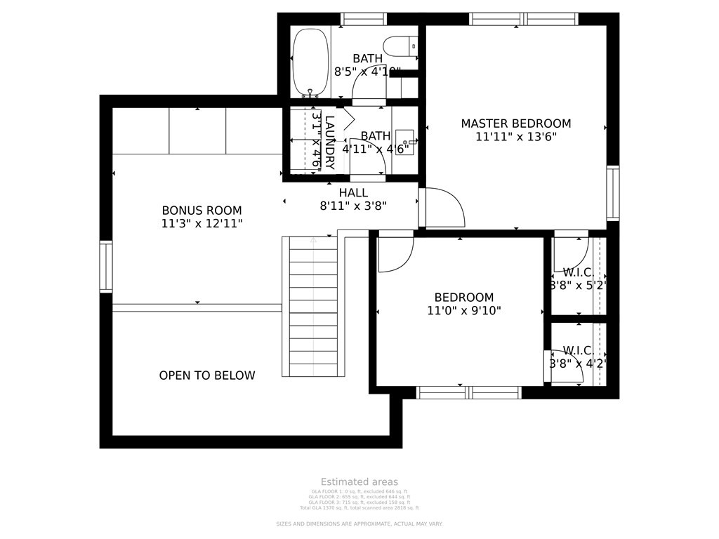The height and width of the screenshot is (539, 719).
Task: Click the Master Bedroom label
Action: (515, 124)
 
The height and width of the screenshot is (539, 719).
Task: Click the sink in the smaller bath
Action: (404, 142)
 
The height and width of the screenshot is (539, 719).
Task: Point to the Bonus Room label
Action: (202, 210)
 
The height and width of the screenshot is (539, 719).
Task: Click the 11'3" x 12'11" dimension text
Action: (202, 223)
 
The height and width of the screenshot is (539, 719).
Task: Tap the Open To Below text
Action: (207, 375)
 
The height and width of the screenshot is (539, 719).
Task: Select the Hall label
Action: (353, 192)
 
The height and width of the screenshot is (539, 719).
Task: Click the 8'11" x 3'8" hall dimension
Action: (353, 206)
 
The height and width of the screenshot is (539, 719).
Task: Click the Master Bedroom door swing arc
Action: (447, 208)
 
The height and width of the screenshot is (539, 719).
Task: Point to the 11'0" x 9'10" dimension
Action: (463, 310)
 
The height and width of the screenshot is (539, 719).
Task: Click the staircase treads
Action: (313, 309)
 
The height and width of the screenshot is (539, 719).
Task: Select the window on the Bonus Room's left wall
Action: (106, 266)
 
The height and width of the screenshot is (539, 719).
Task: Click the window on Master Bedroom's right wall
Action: (612, 193)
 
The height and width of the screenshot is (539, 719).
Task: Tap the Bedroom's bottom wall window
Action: (468, 392)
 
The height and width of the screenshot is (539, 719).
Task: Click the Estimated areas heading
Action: (359, 481)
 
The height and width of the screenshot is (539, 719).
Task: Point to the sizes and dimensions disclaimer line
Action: (359, 524)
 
